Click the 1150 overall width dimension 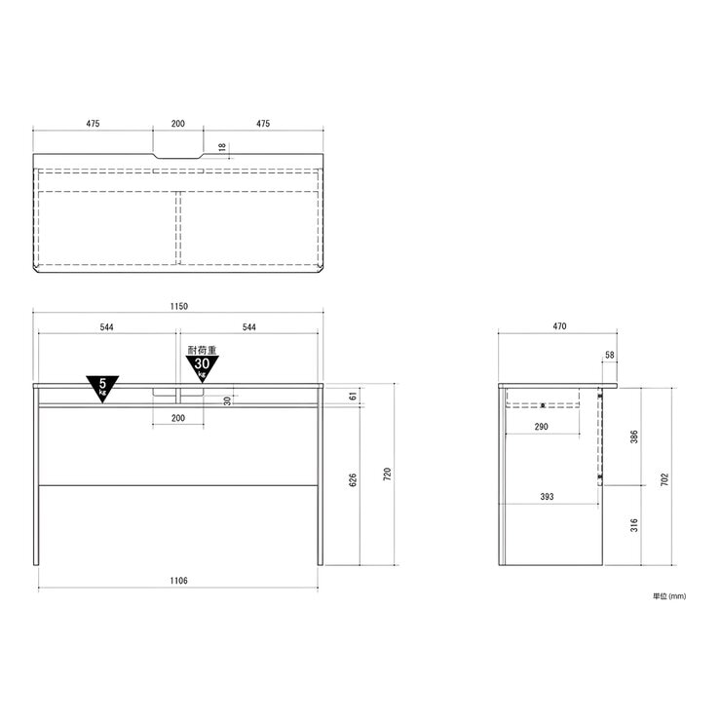179,306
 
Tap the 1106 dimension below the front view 179,581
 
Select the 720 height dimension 387,474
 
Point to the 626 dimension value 353,480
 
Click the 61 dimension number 353,396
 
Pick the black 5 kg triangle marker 102,388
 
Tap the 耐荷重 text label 203,350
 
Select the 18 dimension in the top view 222,147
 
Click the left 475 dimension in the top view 93,124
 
